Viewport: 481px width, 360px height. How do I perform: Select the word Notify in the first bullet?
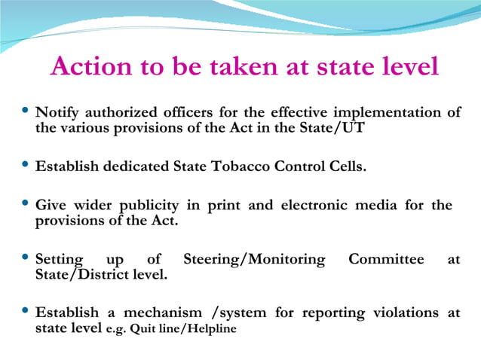pyautogui.click(x=60, y=112)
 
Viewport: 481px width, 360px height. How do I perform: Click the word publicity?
pyautogui.click(x=150, y=205)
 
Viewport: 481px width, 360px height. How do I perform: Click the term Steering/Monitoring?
pyautogui.click(x=254, y=260)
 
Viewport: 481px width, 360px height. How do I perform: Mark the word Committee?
pyautogui.click(x=386, y=260)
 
